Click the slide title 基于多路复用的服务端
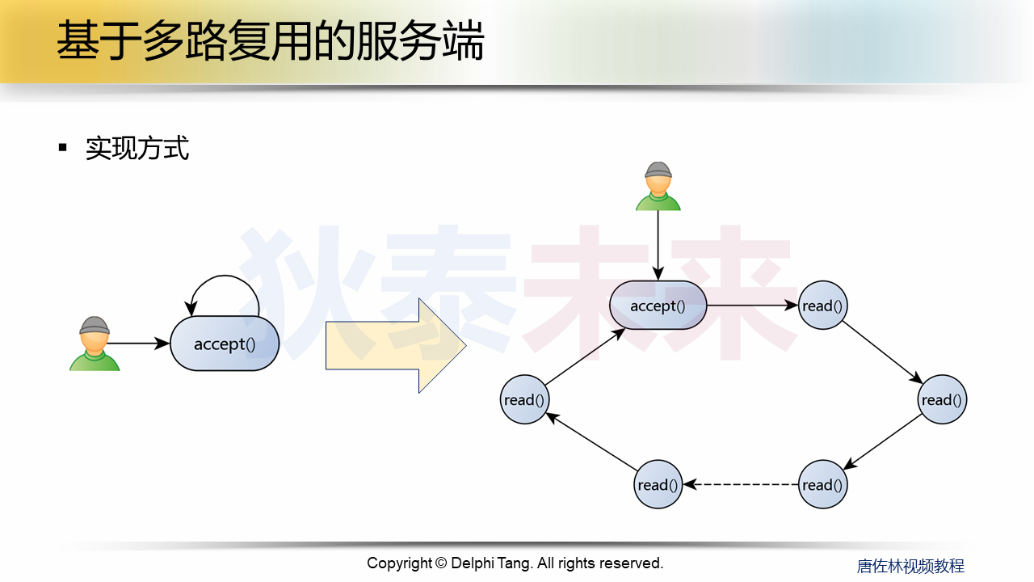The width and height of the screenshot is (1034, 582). (x=270, y=41)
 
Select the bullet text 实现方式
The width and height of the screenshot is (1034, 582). (x=137, y=149)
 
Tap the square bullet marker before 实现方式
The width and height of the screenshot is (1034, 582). (x=63, y=147)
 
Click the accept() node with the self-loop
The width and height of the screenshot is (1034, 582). (x=225, y=344)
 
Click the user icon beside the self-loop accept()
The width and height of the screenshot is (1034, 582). (x=95, y=344)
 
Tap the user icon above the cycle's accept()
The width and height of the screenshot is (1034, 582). (x=658, y=186)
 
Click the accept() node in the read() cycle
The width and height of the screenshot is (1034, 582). (x=658, y=306)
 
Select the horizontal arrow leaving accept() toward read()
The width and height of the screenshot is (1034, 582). (x=751, y=306)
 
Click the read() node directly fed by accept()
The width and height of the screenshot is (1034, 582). (x=822, y=306)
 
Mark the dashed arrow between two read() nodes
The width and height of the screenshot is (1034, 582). (x=741, y=485)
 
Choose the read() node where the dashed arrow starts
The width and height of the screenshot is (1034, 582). (x=822, y=485)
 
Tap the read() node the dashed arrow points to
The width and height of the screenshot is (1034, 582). (x=658, y=485)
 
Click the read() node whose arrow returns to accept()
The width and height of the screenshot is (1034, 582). (x=525, y=399)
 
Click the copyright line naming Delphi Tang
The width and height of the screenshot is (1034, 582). (x=515, y=563)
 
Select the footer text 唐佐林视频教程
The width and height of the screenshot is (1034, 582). (x=910, y=566)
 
